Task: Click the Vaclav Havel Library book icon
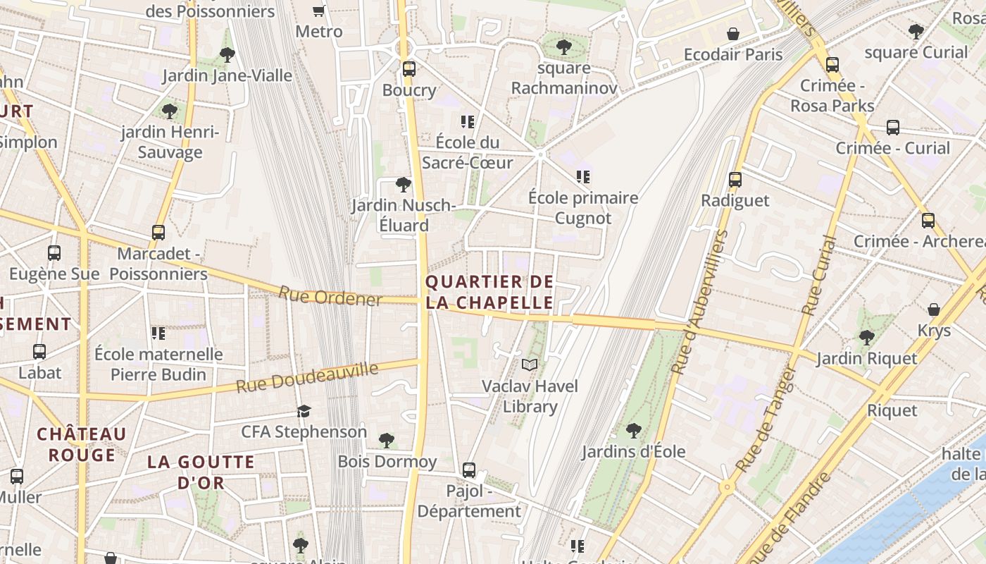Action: point(529,364)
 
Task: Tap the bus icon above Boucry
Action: point(409,69)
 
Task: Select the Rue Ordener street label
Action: point(330,296)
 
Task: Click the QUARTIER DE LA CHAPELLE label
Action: point(489,293)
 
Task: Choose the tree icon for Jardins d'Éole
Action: point(633,430)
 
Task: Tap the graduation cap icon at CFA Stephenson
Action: point(304,411)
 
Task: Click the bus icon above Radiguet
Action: point(735,180)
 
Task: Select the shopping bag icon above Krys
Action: point(934,309)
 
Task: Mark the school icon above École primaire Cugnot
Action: point(582,176)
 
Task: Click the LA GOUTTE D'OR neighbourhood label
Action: point(201,472)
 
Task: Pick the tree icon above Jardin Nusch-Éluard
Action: point(403,185)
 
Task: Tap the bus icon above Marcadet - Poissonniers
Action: point(158,233)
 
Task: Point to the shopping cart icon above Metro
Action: point(318,11)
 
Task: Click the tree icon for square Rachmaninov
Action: point(563,47)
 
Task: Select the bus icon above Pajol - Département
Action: point(469,470)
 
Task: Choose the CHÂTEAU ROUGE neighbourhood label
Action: point(82,444)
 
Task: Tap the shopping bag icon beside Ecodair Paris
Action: point(733,34)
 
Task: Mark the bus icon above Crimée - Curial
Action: point(893,128)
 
